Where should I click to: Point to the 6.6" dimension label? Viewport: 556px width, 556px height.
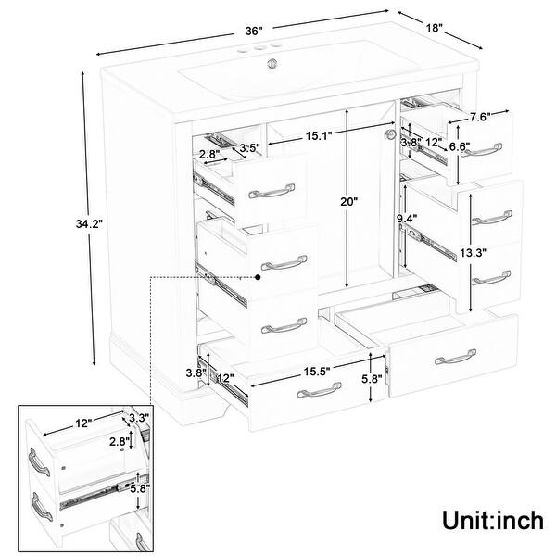pos(460,145)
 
